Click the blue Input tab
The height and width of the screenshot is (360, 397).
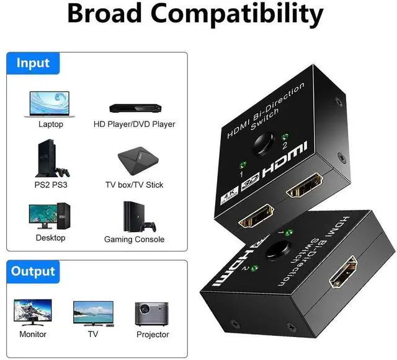tap(33, 63)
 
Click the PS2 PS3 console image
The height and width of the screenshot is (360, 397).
tap(48, 159)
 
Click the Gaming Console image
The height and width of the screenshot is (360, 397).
tap(134, 217)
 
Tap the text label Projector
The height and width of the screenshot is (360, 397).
tap(153, 335)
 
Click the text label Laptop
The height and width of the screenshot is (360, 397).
tap(50, 124)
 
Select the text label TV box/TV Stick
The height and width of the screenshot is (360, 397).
tap(134, 185)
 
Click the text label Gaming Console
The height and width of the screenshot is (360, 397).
tap(134, 239)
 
